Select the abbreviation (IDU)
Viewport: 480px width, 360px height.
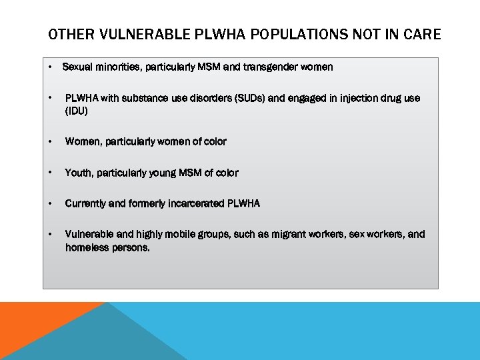click(x=77, y=111)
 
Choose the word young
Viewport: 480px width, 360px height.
click(x=171, y=173)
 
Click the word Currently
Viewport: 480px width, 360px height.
click(x=85, y=203)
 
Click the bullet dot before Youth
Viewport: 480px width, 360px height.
click(x=51, y=173)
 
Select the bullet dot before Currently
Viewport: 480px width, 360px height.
click(x=51, y=203)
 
